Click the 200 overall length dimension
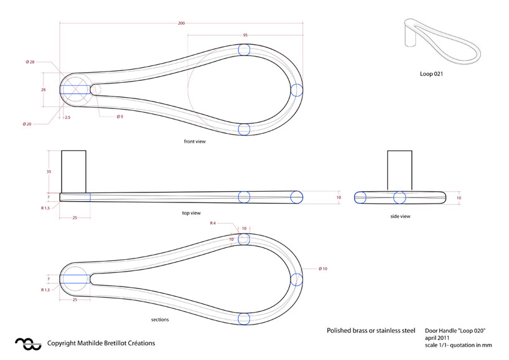pyautogui.click(x=181, y=24)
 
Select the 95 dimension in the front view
pyautogui.click(x=245, y=36)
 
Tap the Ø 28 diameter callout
pyautogui.click(x=30, y=62)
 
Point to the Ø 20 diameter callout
pyautogui.click(x=27, y=124)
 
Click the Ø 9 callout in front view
pyautogui.click(x=119, y=116)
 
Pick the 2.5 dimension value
pyautogui.click(x=67, y=116)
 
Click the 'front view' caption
pyautogui.click(x=194, y=141)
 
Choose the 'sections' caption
pyautogui.click(x=160, y=320)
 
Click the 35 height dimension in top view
pyautogui.click(x=48, y=171)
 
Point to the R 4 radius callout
pyautogui.click(x=213, y=222)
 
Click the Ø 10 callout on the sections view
pyautogui.click(x=323, y=268)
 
